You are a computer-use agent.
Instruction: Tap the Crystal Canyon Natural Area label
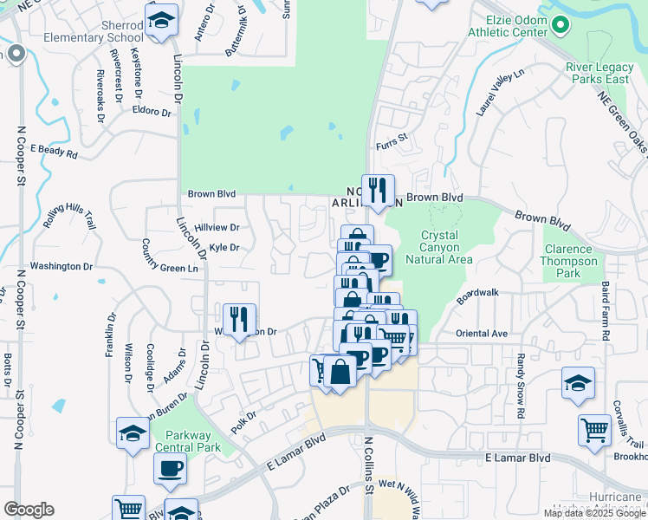[446, 247]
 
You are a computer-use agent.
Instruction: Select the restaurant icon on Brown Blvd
[377, 190]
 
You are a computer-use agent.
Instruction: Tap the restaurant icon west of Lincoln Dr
[239, 319]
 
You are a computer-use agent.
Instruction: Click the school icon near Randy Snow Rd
[578, 382]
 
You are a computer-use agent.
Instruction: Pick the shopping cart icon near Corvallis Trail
[594, 430]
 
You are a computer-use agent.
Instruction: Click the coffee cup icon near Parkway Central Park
[170, 468]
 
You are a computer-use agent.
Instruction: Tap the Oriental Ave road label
[482, 333]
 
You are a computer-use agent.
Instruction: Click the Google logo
[29, 510]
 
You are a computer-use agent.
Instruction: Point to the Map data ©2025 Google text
[593, 512]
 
